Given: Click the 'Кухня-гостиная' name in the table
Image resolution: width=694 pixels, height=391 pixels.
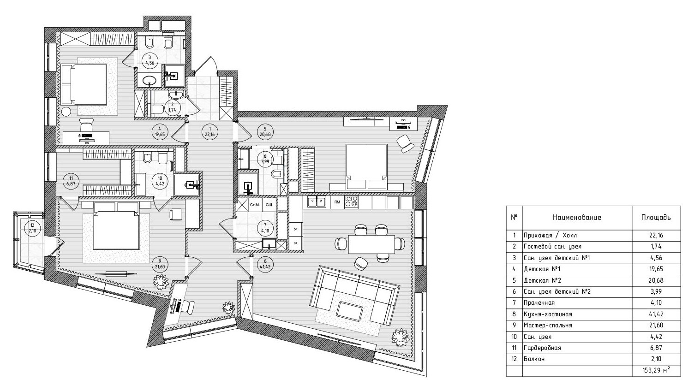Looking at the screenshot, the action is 548,314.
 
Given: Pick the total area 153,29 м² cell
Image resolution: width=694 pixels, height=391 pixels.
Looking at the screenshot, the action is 656,371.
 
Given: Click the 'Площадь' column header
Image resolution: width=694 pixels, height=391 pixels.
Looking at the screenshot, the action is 656,217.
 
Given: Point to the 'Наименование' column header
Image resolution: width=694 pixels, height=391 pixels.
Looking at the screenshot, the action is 577,217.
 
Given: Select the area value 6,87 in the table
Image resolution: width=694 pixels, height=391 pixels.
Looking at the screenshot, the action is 656,348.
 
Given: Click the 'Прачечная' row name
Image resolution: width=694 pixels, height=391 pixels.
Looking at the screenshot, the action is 539,303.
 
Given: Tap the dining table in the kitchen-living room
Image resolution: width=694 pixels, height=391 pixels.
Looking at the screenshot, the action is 371,244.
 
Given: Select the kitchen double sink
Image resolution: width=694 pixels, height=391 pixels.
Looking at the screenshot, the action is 317,202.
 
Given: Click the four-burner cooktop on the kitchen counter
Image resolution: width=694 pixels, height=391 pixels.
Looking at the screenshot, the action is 351,202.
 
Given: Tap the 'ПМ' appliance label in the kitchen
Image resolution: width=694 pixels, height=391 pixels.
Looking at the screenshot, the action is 337,202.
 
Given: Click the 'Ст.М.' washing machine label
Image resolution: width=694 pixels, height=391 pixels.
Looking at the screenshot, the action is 255,205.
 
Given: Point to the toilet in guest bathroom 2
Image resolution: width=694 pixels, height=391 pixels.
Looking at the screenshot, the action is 158,109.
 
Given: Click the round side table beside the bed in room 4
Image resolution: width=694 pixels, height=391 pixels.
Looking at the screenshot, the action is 66,111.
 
